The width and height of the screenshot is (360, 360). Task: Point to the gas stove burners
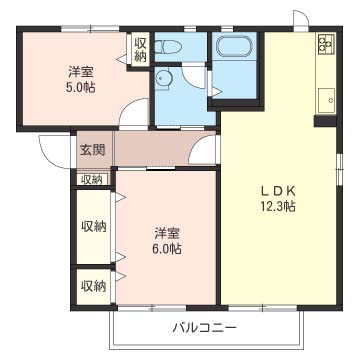(x=326, y=44)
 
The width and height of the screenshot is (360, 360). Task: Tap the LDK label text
(x=278, y=191)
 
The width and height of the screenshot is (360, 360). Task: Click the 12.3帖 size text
(x=278, y=207)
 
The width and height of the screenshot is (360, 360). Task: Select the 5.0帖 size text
(x=82, y=87)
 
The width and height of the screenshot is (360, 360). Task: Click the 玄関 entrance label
(x=91, y=149)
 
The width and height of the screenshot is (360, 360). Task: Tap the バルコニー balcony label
(x=204, y=328)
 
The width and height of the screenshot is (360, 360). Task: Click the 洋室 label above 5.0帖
(x=82, y=71)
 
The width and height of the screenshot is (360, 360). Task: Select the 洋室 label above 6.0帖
(x=167, y=233)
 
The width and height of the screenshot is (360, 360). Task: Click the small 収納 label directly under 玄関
(x=91, y=179)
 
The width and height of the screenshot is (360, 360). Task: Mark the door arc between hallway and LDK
(x=206, y=151)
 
